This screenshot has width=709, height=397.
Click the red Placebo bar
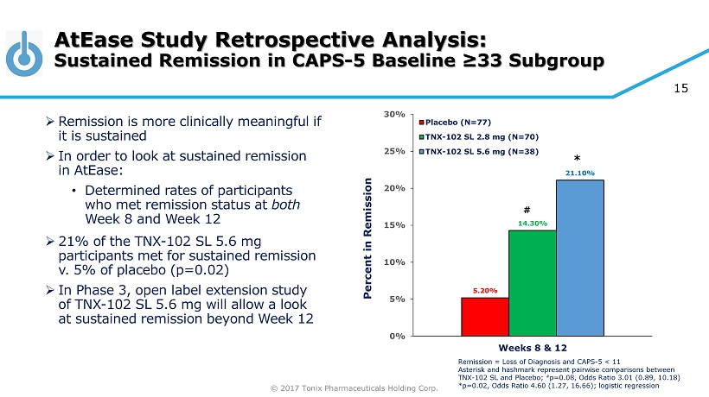tap(484, 317)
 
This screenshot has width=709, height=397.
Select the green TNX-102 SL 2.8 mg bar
tap(532, 283)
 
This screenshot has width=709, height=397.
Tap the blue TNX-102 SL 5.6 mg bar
tap(579, 258)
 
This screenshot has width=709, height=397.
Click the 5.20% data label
tap(484, 291)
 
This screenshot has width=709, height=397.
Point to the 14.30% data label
tap(532, 224)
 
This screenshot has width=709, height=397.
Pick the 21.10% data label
tap(579, 173)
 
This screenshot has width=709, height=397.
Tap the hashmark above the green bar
tap(527, 210)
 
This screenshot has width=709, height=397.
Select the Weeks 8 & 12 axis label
tap(531, 348)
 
